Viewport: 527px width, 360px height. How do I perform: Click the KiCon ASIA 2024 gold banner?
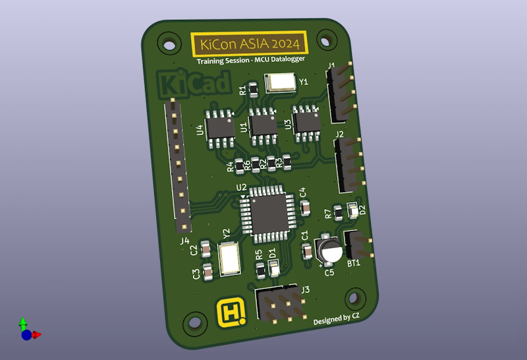(249, 43)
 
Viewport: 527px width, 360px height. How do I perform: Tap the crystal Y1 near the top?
(281, 83)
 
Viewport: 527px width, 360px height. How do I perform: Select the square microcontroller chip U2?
(268, 214)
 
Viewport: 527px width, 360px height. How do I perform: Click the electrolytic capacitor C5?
(328, 249)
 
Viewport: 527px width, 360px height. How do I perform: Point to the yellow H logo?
(231, 313)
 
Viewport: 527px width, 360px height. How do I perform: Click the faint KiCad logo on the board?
(194, 83)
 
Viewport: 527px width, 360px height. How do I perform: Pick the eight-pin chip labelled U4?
(220, 128)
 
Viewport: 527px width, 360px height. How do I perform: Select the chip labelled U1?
(263, 126)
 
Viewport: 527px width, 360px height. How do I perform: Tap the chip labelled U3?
(306, 123)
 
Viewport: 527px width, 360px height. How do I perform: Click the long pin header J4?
(177, 166)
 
